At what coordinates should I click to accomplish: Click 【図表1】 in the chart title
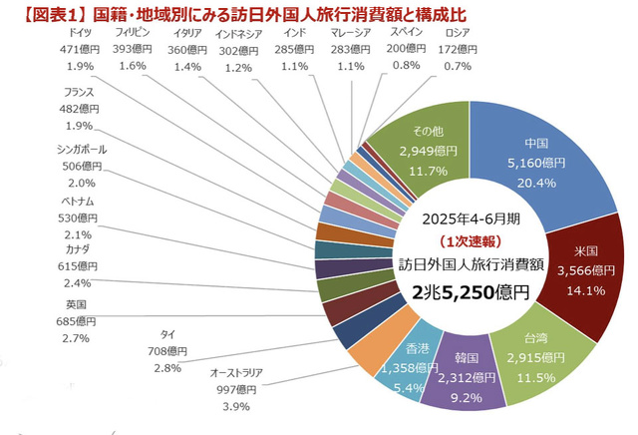(x=41, y=12)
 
